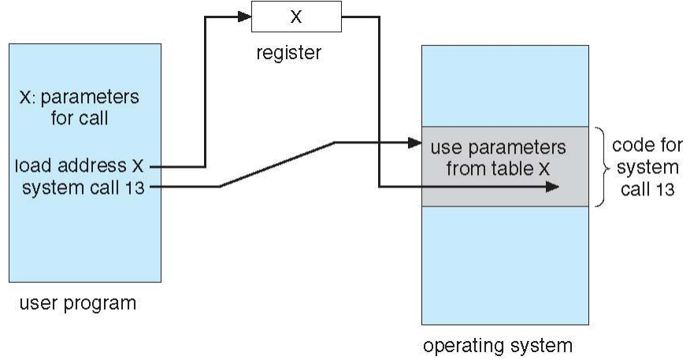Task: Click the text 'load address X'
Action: (80, 166)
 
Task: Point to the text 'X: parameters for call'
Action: (79, 108)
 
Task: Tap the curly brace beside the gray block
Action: (603, 167)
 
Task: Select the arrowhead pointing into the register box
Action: (246, 15)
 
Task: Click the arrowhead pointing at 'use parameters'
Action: (417, 143)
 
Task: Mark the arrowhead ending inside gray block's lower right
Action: (555, 187)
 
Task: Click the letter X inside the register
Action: (295, 17)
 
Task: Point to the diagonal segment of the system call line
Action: (277, 165)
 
